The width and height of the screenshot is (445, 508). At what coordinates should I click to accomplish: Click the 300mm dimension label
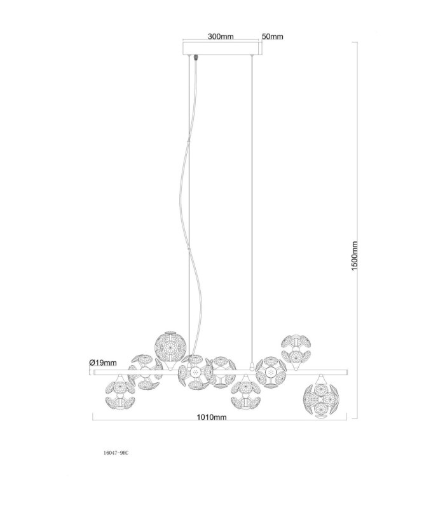[221, 36]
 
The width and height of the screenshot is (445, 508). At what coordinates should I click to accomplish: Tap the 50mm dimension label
[273, 37]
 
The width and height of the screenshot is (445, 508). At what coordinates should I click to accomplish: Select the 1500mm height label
[354, 256]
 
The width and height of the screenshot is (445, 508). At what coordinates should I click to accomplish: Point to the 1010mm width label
[212, 417]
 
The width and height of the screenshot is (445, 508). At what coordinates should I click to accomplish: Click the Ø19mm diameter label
[102, 363]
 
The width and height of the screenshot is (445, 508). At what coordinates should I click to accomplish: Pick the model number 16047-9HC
[116, 453]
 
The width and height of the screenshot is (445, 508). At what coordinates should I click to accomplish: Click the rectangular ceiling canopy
[222, 48]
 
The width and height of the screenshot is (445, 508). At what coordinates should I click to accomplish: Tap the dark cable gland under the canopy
[196, 58]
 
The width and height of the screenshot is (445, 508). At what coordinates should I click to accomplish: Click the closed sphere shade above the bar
[170, 346]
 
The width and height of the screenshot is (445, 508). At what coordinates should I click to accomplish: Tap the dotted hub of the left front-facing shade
[195, 373]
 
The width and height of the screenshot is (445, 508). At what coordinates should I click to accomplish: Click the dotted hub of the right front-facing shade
[271, 372]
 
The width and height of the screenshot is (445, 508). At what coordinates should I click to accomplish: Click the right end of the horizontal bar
[347, 372]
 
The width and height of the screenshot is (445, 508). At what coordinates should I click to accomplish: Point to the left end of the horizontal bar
[94, 373]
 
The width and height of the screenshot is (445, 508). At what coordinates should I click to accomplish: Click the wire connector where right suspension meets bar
[252, 366]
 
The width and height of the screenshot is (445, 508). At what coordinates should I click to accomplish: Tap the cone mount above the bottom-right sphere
[321, 379]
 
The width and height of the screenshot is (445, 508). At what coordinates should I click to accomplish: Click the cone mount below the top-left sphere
[169, 366]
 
